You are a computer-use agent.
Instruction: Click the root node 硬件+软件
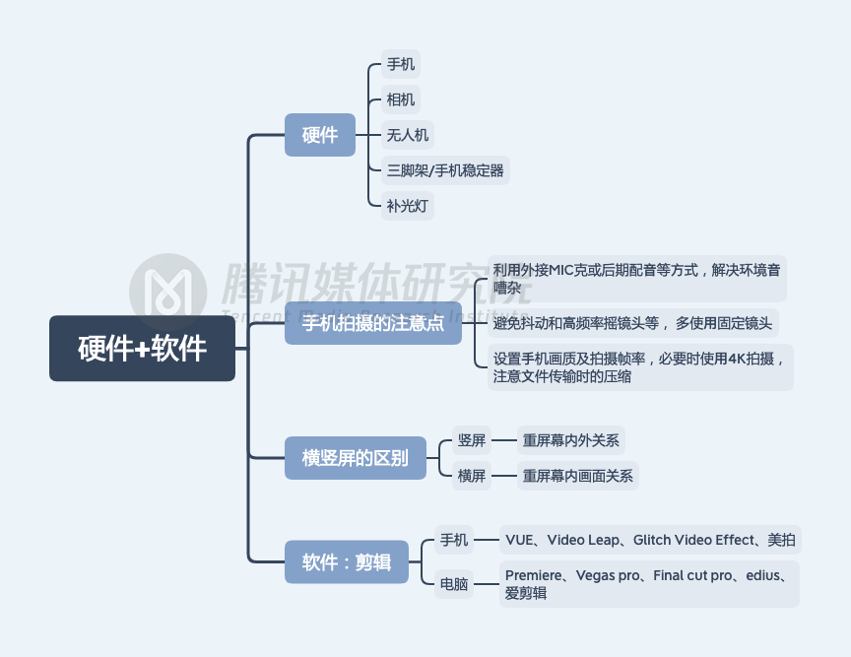[x=142, y=348]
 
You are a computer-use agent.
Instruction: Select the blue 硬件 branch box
[x=320, y=135]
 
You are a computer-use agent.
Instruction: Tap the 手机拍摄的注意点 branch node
[x=372, y=323]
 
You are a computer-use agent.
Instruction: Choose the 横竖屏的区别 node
[x=355, y=458]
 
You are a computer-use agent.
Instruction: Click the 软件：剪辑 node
[x=346, y=562]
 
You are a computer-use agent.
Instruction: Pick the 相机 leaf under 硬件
[x=401, y=99]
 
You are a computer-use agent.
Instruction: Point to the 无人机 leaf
[x=408, y=135]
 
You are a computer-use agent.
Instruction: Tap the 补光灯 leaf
[x=408, y=207]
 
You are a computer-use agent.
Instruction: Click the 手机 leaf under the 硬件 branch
[x=401, y=65]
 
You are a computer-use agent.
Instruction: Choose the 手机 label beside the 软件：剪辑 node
[x=454, y=540]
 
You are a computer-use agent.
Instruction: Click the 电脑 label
[x=454, y=584]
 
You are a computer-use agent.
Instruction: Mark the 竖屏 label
[x=471, y=440]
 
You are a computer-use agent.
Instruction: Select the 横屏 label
[x=471, y=476]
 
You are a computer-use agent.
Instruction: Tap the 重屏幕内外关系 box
[x=571, y=440]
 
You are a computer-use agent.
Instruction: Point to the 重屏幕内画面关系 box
[x=578, y=476]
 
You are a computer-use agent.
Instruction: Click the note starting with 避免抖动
[x=632, y=323]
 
